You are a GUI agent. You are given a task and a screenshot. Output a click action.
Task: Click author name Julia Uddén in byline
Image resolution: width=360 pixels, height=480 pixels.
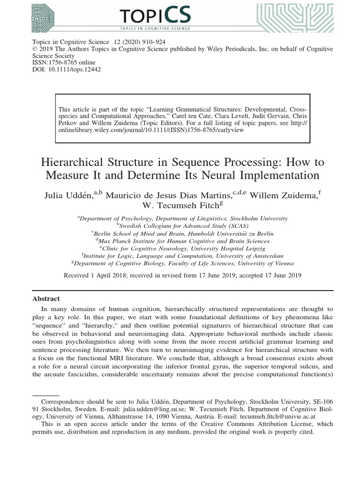(x=70, y=195)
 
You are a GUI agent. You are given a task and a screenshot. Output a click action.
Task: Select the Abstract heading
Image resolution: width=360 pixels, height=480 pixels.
(x=46, y=298)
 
